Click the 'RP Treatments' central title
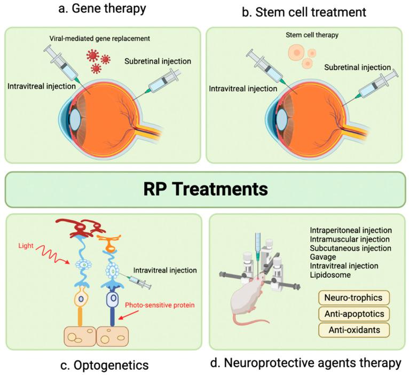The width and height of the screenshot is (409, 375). click(x=204, y=189)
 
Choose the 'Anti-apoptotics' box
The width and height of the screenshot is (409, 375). click(x=353, y=313)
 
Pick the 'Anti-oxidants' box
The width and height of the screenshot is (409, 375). click(x=353, y=330)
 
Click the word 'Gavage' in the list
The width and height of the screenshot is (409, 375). click(x=324, y=257)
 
